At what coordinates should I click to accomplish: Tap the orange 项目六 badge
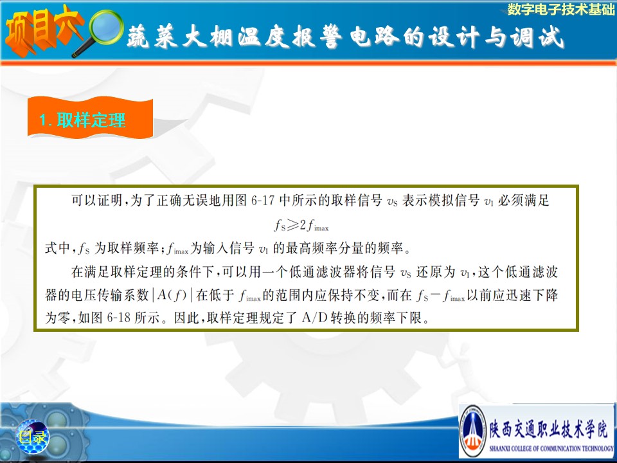(x=42, y=30)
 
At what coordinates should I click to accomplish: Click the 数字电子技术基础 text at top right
(x=560, y=9)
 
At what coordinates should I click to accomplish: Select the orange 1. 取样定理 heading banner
(x=90, y=118)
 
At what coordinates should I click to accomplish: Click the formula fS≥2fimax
(x=301, y=225)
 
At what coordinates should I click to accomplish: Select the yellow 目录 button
(x=33, y=436)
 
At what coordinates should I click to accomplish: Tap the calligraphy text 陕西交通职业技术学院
(x=548, y=429)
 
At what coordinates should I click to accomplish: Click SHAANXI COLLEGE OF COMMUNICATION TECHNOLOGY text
(x=551, y=448)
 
